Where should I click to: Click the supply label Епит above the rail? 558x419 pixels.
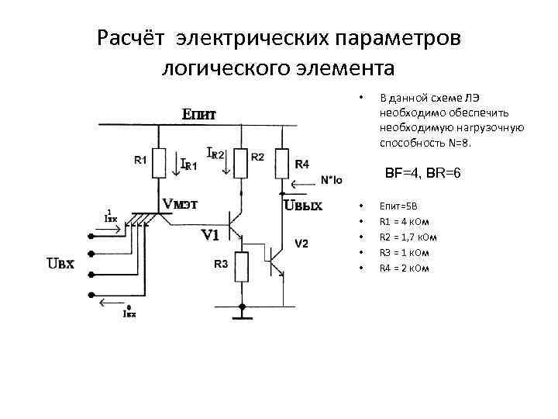198,115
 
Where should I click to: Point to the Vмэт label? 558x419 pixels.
179,204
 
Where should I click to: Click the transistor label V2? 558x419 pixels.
301,244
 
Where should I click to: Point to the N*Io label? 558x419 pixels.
331,180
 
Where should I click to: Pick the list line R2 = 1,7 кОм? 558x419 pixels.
408,237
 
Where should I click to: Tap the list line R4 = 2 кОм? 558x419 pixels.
403,268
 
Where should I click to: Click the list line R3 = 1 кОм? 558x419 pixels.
403,253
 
